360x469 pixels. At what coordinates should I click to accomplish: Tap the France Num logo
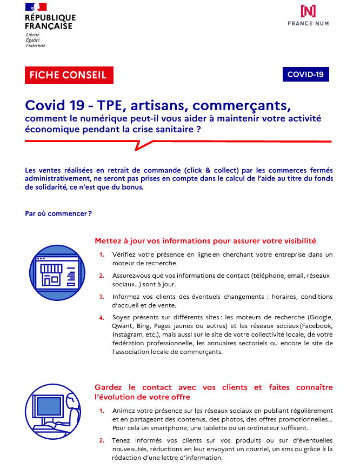pyautogui.click(x=309, y=15)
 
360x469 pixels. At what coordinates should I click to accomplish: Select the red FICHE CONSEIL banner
pyautogui.click(x=69, y=75)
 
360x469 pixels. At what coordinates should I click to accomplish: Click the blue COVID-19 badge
pyautogui.click(x=305, y=75)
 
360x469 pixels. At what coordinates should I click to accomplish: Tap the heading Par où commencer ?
pyautogui.click(x=58, y=213)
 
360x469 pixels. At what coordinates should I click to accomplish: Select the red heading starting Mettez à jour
pyautogui.click(x=205, y=240)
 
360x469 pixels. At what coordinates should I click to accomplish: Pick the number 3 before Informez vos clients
pyautogui.click(x=102, y=297)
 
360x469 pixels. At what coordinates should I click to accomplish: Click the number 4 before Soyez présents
pyautogui.click(x=102, y=317)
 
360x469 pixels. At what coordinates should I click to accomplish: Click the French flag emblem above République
pyautogui.click(x=36, y=7)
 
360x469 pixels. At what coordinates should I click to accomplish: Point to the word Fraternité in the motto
pyautogui.click(x=36, y=45)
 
